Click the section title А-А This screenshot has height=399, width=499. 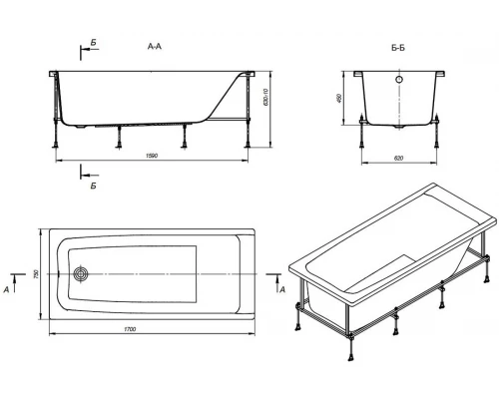[155, 47]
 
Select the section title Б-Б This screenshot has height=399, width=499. [398, 48]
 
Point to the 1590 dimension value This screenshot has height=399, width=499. [152, 156]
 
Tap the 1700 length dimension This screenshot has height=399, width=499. [130, 329]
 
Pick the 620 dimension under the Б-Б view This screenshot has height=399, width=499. [398, 159]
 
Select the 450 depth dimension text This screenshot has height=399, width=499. [339, 98]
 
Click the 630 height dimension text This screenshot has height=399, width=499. [265, 97]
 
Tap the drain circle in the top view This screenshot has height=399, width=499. [81, 274]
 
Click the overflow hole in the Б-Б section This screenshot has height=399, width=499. [399, 80]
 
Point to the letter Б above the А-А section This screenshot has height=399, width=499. [94, 43]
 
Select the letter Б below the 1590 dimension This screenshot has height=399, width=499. [94, 186]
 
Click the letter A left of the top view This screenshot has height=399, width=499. [6, 290]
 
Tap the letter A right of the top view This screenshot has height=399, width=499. [282, 290]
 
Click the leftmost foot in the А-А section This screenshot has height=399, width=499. [56, 144]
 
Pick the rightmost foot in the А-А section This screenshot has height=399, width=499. [248, 144]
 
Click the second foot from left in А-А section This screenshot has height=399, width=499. [119, 145]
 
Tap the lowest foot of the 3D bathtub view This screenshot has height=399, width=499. [351, 356]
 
